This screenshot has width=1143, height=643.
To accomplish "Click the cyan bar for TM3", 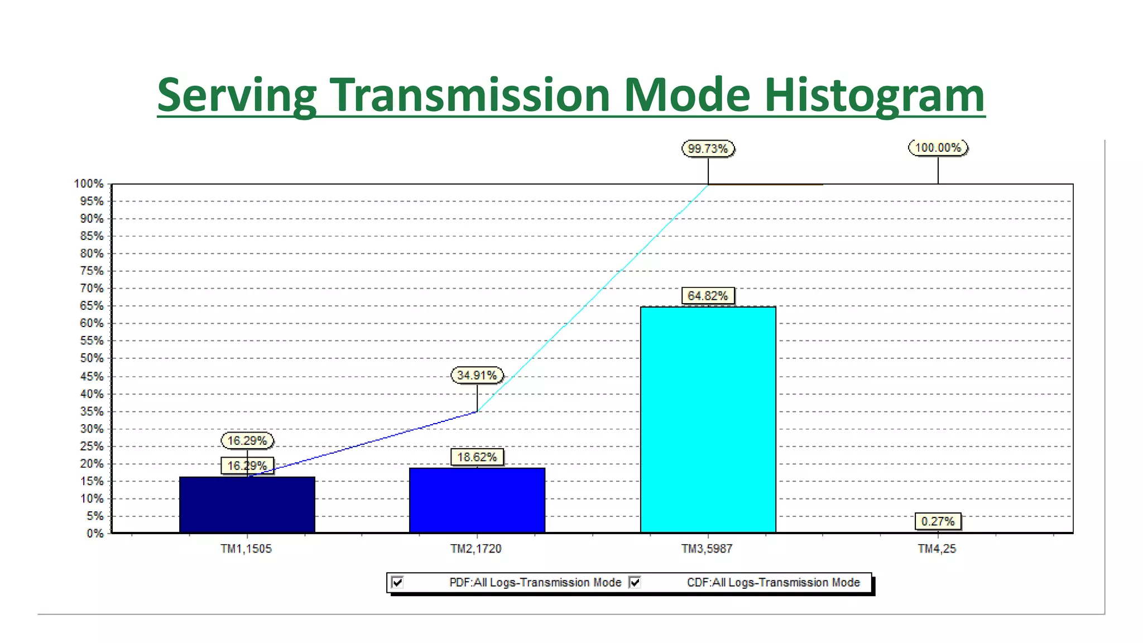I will click(x=708, y=419).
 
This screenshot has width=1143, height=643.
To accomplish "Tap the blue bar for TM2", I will click(x=477, y=500).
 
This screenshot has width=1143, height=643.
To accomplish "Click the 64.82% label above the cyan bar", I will click(x=708, y=296).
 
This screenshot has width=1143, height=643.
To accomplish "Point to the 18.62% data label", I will click(x=477, y=457).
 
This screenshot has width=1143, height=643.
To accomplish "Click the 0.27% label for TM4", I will click(x=938, y=521).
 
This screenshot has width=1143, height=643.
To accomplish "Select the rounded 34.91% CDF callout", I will click(x=477, y=375).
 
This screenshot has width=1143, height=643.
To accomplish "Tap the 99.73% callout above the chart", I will click(x=708, y=148).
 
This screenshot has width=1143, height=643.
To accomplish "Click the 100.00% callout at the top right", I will click(x=938, y=148).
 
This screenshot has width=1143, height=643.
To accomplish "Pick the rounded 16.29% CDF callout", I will click(x=247, y=440).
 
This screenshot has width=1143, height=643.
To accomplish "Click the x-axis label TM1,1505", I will click(x=246, y=549).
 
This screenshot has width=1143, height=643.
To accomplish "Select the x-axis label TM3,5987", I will click(x=707, y=549).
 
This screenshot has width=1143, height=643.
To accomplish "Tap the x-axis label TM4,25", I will click(x=937, y=549).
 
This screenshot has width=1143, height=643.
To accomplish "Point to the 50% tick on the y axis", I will click(x=92, y=358).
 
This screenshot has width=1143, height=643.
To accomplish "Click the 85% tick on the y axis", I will click(x=92, y=236).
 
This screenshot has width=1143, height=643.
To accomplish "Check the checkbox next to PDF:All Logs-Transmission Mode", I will click(x=397, y=583).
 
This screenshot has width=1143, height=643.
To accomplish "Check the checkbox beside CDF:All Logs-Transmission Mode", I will click(x=635, y=583).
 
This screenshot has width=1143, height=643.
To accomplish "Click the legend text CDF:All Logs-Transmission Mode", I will click(x=773, y=583).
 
